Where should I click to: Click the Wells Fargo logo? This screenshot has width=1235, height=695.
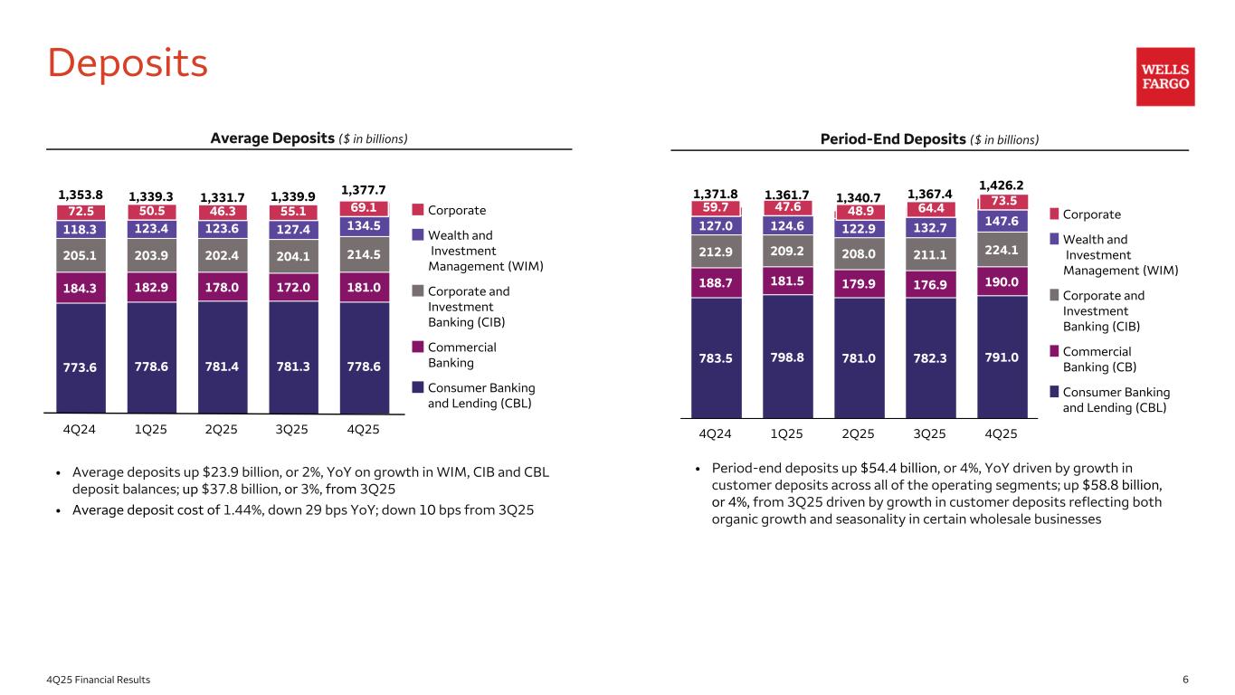(x=1165, y=77)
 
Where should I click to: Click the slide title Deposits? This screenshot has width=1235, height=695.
(x=128, y=62)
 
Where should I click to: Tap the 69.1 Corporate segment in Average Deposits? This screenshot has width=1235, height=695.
(x=364, y=208)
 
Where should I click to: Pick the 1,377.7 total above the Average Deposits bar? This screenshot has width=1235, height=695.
(x=364, y=190)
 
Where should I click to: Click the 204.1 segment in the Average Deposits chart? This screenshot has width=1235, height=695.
(x=293, y=254)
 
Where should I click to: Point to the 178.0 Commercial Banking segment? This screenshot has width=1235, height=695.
(x=222, y=288)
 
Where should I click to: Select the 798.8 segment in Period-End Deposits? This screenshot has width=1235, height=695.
(x=786, y=357)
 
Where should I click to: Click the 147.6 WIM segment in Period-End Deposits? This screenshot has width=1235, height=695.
(x=1001, y=221)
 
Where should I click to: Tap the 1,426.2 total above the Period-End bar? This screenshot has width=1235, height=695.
(x=1001, y=185)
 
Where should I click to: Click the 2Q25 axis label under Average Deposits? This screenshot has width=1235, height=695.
(x=222, y=430)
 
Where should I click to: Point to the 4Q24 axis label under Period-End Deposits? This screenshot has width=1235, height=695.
(x=715, y=433)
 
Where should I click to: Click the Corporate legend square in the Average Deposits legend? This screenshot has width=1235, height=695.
(x=417, y=210)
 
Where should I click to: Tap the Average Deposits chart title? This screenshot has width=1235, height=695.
(x=309, y=138)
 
